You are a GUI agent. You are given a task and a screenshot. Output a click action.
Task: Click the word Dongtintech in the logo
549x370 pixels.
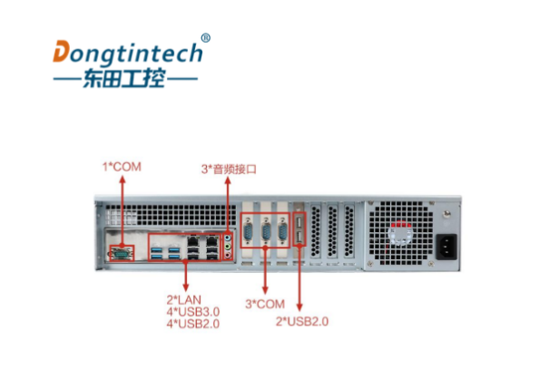pos(127,51)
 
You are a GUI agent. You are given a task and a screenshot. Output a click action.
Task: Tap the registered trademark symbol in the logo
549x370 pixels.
pos(205,38)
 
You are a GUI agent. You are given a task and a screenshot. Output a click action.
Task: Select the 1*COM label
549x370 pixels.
pos(122,166)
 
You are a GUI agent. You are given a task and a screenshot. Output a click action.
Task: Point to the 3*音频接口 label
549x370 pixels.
pos(230,169)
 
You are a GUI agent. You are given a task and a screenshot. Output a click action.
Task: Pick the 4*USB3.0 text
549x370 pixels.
pos(192,311)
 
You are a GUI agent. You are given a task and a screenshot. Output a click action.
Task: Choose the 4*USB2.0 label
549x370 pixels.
pos(192,323)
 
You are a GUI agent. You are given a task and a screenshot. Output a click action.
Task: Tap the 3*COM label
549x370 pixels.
pos(265,303)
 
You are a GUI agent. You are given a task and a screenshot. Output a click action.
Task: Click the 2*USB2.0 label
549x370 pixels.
pos(302,321)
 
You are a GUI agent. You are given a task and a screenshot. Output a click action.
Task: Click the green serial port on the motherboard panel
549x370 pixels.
pos(119,254)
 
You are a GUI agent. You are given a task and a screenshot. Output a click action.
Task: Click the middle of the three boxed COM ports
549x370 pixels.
pos(265,232)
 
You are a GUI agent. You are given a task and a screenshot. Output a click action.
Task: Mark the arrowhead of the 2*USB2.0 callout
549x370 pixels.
pos(299,309)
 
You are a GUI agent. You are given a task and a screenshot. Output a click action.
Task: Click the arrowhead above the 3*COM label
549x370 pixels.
pos(265,257)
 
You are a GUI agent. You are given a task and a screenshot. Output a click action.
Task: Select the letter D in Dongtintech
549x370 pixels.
pos(61,52)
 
